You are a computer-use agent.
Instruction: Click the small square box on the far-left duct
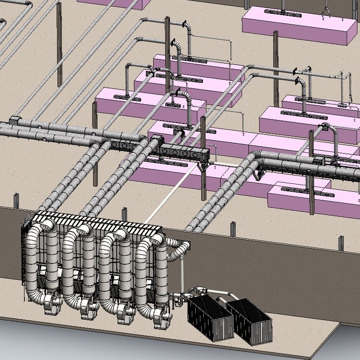click(15, 119)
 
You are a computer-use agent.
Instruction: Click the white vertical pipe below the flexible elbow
click(182, 275)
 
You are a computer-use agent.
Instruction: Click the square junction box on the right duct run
click(319, 161)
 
